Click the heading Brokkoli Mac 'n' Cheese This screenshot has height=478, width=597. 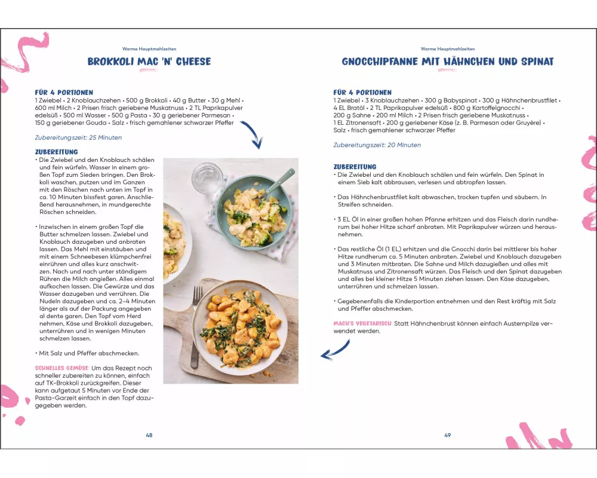(149, 62)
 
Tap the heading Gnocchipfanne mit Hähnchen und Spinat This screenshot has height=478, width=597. (447, 62)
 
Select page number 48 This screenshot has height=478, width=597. (149, 435)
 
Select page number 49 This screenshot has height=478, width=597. (447, 435)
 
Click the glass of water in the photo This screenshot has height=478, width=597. (207, 177)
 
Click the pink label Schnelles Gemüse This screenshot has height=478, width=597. (62, 368)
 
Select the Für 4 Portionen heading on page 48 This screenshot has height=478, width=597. (64, 93)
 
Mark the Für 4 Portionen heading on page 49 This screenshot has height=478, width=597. (362, 93)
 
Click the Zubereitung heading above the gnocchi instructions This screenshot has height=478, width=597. (355, 167)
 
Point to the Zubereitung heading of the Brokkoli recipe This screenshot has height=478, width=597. (57, 152)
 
